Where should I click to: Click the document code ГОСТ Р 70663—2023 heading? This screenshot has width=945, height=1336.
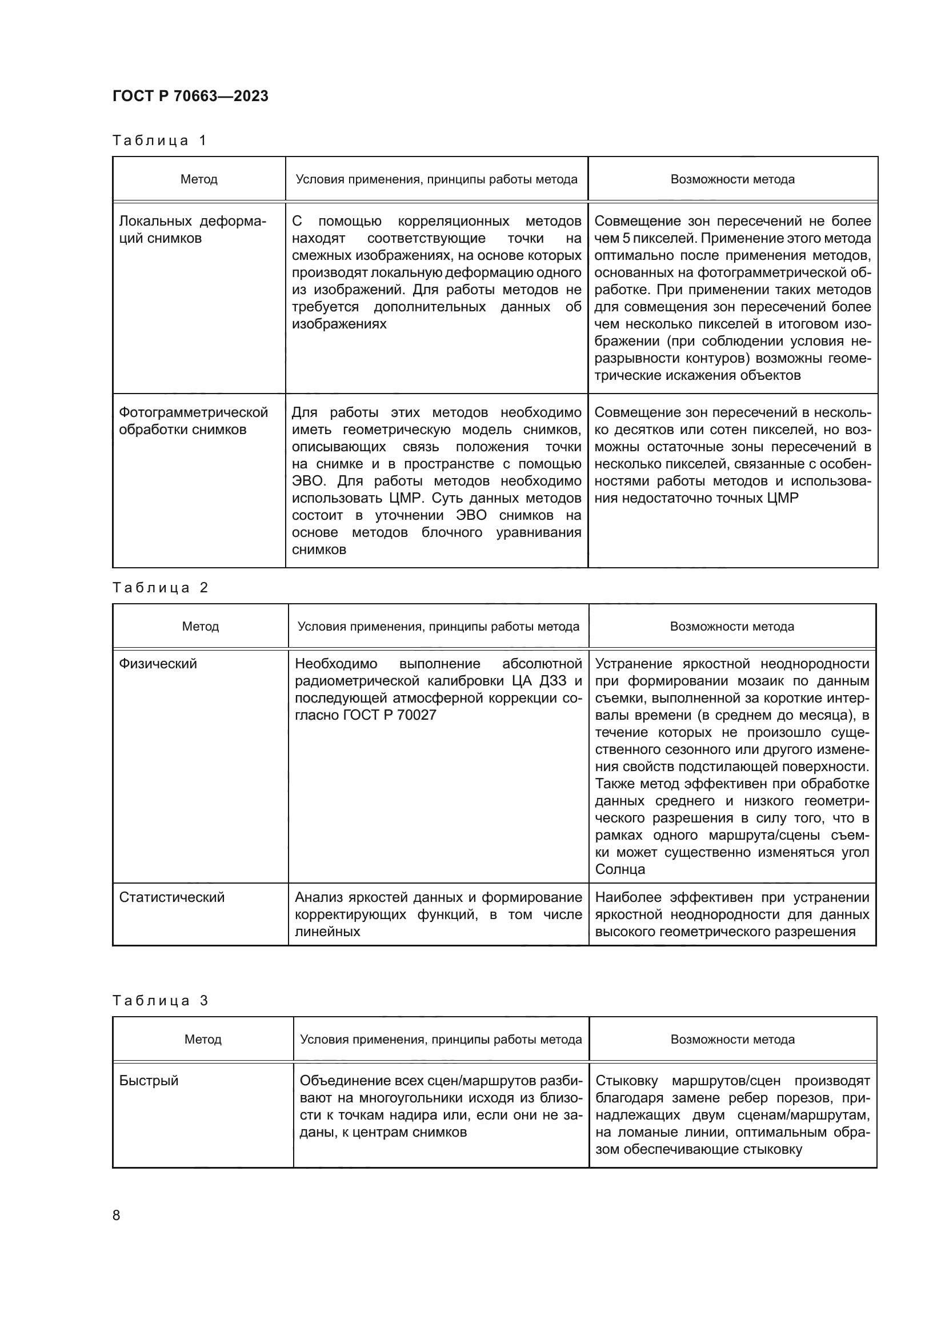[190, 96]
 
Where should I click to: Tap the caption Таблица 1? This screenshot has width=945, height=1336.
[159, 141]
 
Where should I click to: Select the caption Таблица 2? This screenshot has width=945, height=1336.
[160, 588]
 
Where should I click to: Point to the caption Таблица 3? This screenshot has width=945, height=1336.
[160, 1000]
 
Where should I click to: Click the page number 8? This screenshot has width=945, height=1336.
[117, 1215]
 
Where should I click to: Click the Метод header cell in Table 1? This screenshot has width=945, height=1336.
[199, 179]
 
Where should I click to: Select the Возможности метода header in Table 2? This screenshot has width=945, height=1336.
[732, 627]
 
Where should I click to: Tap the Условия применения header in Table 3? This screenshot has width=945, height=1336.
[441, 1039]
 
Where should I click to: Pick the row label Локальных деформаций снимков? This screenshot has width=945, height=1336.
[192, 230]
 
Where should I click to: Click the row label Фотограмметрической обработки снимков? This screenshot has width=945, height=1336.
[193, 421]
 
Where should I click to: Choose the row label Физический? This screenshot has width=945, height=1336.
[158, 664]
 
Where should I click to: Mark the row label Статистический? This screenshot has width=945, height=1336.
[171, 897]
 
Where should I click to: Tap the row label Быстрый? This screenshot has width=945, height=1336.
[149, 1081]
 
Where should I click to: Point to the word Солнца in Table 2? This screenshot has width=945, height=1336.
[620, 869]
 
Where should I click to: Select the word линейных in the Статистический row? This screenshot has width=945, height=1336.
[327, 932]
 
